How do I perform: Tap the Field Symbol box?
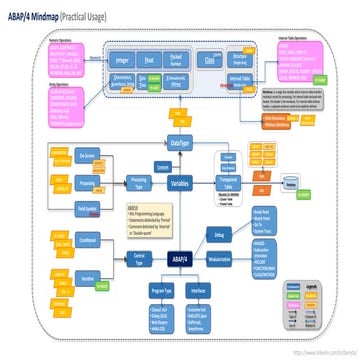(x=88, y=207)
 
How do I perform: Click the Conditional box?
(x=88, y=240)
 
